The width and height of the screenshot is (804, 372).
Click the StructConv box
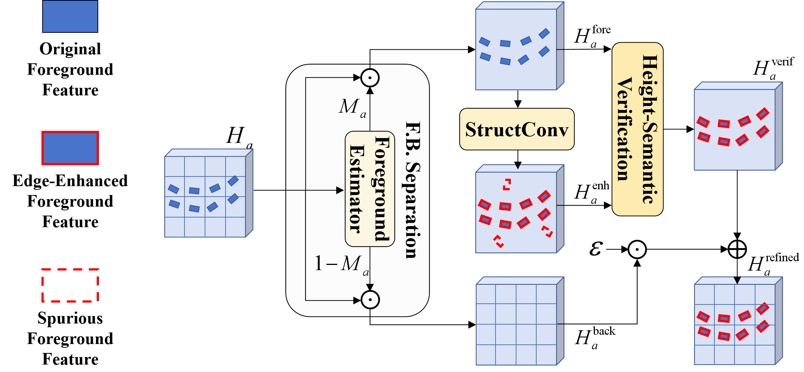pyautogui.click(x=516, y=129)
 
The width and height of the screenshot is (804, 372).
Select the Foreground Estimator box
pyautogui.click(x=370, y=189)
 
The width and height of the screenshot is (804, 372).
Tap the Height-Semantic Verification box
pyautogui.click(x=637, y=129)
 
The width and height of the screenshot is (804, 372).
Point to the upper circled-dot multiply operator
pyautogui.click(x=370, y=78)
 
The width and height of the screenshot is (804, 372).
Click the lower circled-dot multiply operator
pyautogui.click(x=370, y=300)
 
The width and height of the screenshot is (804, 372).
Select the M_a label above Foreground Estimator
pyautogui.click(x=352, y=107)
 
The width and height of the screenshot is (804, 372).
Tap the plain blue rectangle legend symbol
pyautogui.click(x=70, y=16)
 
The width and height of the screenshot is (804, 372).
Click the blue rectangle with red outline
pyautogui.click(x=70, y=148)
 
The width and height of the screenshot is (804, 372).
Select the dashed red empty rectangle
pyautogui.click(x=70, y=285)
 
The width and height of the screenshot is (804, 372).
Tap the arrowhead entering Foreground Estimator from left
pyautogui.click(x=340, y=190)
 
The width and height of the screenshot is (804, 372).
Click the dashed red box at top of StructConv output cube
pyautogui.click(x=507, y=185)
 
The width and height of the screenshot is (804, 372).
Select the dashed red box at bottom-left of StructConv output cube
pyautogui.click(x=499, y=241)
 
